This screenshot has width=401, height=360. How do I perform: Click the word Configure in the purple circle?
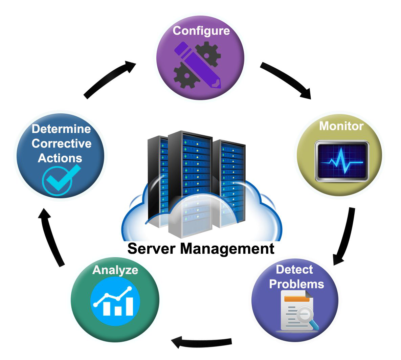click(x=201, y=31)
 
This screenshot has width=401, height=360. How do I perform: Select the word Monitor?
click(x=341, y=126)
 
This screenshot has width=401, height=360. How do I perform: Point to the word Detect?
click(x=294, y=270)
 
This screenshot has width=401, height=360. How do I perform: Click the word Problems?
click(x=296, y=284)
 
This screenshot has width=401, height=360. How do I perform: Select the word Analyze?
click(x=115, y=270)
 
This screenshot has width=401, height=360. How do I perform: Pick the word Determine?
click(x=61, y=129)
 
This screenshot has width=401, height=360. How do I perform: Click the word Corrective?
click(x=62, y=143)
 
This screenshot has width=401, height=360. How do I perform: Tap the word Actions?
click(x=60, y=158)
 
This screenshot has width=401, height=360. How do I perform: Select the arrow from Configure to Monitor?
click(x=286, y=80)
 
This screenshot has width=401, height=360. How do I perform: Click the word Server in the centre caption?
click(x=151, y=249)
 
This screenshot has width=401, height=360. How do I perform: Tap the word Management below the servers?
click(x=227, y=249)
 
